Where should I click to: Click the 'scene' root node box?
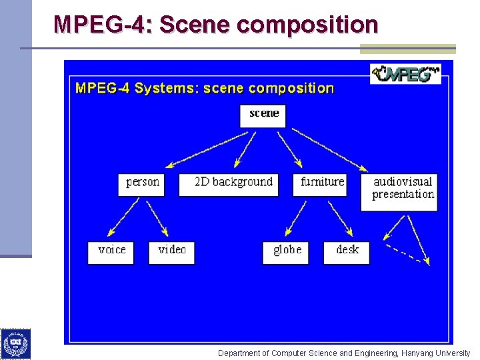263,115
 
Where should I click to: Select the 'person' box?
141,183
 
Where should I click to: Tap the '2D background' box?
233,183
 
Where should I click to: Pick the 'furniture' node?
321,183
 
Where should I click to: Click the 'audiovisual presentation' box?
401,191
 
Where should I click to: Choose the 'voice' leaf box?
111,251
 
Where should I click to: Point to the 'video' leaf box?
172,251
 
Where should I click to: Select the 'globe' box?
287,251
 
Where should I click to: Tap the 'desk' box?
347,251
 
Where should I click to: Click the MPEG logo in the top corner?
405,73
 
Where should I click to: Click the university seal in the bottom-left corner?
15,343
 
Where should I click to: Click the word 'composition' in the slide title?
307,25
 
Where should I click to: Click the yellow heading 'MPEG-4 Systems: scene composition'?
205,88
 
